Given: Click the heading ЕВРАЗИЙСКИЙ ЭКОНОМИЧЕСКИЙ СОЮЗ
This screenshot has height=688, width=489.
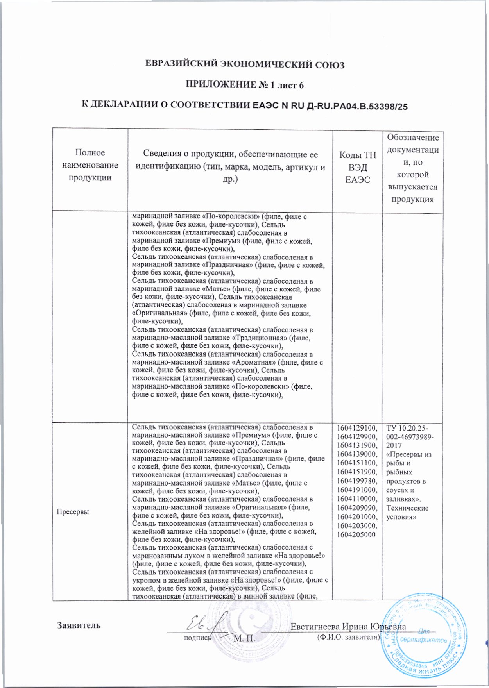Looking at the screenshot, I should point(245,64).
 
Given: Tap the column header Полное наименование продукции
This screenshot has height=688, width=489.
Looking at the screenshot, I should point(90,165).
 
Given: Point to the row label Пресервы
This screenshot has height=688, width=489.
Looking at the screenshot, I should point(72,511).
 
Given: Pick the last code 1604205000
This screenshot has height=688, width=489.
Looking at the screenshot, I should point(356,535).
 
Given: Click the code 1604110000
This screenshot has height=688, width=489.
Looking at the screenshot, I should point(357,499).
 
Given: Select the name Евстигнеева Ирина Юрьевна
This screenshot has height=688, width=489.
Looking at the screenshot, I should point(348,627).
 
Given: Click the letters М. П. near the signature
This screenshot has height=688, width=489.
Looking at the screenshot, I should point(244,638).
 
